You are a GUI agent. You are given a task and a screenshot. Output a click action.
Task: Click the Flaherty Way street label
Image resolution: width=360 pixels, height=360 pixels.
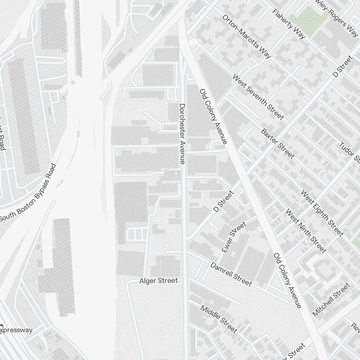(289, 24)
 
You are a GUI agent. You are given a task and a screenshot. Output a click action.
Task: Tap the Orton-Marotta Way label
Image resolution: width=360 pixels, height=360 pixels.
(247, 36)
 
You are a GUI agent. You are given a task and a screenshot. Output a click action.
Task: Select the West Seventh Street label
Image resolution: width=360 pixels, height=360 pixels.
(258, 97)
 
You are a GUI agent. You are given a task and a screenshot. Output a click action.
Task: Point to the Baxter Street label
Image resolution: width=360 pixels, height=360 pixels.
(278, 143)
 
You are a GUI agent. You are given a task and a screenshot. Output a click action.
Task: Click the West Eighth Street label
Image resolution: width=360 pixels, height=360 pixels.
(322, 213)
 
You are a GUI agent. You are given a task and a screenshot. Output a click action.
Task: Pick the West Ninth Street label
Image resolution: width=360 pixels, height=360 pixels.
(306, 231)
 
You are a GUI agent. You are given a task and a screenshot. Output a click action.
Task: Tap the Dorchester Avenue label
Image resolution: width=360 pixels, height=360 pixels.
(182, 134)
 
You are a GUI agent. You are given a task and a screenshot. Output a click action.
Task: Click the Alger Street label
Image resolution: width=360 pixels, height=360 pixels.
(158, 281)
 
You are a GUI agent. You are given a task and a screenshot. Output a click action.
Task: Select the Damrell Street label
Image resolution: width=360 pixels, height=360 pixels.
(231, 274)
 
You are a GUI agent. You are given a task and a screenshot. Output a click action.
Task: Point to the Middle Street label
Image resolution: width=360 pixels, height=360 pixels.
(219, 319)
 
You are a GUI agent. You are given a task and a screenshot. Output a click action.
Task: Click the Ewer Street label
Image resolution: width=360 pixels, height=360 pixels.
(234, 237)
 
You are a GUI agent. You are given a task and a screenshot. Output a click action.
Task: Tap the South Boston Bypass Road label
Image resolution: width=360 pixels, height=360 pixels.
(28, 193)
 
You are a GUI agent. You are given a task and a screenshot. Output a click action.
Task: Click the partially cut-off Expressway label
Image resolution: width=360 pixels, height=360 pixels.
(16, 330)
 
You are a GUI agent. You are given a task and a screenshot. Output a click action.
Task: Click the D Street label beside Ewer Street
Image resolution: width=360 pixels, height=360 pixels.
(223, 201)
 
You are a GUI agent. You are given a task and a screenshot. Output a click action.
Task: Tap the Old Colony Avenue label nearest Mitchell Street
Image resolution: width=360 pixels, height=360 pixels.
(287, 280)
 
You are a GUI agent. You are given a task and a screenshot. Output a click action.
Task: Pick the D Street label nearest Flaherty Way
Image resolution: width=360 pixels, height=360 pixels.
(342, 66)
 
